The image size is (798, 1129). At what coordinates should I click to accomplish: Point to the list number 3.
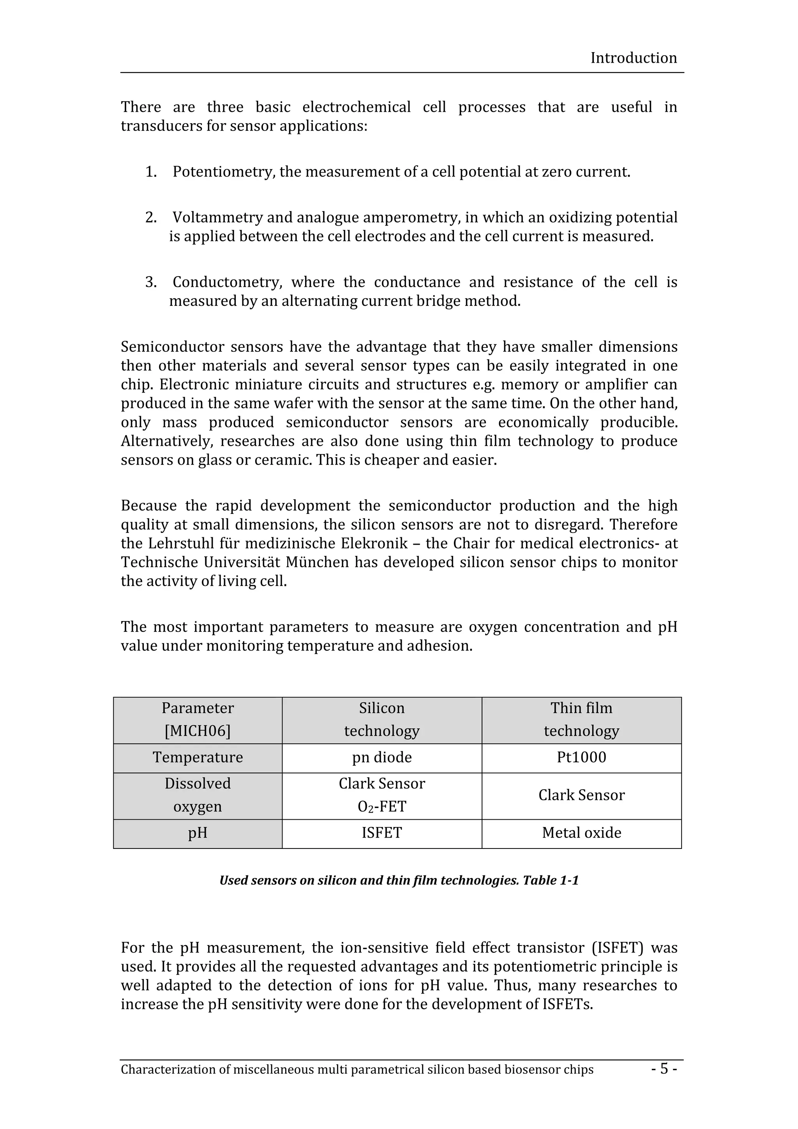pyautogui.click(x=150, y=282)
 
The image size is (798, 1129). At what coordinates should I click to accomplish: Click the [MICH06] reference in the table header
pyautogui.click(x=197, y=731)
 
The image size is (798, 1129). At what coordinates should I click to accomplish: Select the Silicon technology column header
pyautogui.click(x=381, y=720)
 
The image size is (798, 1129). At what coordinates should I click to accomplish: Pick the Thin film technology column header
pyautogui.click(x=581, y=720)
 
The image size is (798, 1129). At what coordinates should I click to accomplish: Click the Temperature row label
pyautogui.click(x=197, y=757)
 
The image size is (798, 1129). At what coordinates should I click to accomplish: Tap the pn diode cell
pyautogui.click(x=381, y=757)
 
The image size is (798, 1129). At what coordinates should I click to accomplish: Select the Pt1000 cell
pyautogui.click(x=581, y=757)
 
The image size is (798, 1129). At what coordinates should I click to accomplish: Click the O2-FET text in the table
pyautogui.click(x=381, y=807)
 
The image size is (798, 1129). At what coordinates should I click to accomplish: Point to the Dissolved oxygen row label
pyautogui.click(x=197, y=795)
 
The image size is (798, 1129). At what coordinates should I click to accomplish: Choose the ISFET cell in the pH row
pyautogui.click(x=381, y=833)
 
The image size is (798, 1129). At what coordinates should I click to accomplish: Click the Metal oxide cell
pyautogui.click(x=581, y=833)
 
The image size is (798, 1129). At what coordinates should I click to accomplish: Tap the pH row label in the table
pyautogui.click(x=197, y=833)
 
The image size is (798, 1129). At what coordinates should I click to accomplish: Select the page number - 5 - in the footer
pyautogui.click(x=664, y=1069)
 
